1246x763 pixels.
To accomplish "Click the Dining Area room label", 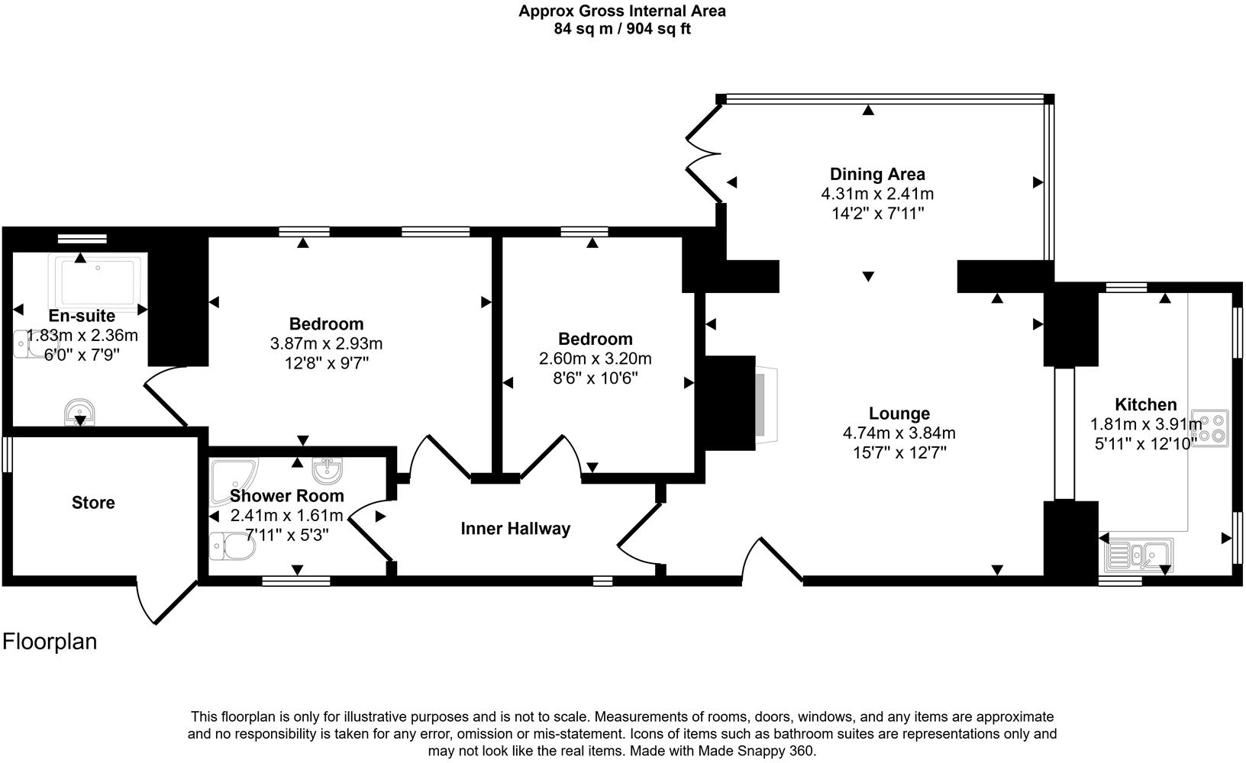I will [877, 174].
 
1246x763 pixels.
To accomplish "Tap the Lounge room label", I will [899, 414].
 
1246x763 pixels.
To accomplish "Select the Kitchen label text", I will [1145, 404].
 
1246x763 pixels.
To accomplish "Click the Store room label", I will [93, 503].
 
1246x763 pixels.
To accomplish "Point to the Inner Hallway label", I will [515, 529].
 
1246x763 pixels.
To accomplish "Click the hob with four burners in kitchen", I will [1209, 428].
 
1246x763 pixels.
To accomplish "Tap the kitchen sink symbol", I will [1136, 555].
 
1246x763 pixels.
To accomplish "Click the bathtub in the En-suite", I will [97, 282].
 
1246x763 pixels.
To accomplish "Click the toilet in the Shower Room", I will [232, 546].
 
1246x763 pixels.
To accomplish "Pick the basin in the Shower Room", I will [328, 469].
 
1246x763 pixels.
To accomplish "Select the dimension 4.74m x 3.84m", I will [899, 433].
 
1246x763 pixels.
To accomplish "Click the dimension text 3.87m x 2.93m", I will [326, 343].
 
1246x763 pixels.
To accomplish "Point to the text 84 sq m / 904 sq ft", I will [622, 29].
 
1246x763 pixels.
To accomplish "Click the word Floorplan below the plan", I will [50, 642].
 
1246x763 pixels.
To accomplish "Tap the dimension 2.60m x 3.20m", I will [595, 359].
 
